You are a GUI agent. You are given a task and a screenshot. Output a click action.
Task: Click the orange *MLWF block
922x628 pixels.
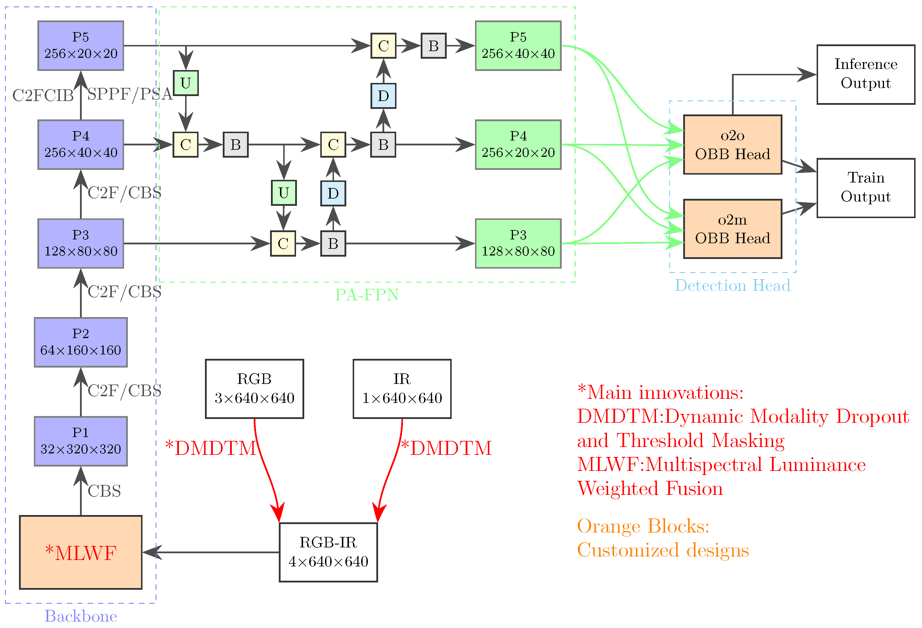(81, 552)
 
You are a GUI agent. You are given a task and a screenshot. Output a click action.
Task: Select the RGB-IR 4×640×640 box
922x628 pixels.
(328, 552)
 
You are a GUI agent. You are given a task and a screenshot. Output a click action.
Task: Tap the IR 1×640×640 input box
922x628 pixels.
(402, 389)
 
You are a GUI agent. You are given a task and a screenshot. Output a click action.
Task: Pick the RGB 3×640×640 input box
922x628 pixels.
(254, 389)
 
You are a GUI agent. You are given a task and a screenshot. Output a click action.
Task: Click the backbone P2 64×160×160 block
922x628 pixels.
(81, 342)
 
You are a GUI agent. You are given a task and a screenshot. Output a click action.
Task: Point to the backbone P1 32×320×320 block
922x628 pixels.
(81, 441)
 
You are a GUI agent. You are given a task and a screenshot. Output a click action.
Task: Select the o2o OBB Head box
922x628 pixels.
(732, 145)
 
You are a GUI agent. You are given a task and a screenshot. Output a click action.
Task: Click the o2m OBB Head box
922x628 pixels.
(732, 229)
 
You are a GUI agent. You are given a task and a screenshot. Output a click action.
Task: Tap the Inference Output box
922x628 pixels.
(866, 74)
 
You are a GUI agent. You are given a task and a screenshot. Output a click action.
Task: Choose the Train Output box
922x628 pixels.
(866, 188)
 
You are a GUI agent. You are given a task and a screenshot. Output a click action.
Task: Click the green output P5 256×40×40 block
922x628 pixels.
(518, 46)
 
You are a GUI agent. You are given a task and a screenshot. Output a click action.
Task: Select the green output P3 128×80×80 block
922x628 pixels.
(518, 243)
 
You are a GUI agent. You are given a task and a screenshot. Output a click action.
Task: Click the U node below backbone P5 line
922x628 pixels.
(186, 83)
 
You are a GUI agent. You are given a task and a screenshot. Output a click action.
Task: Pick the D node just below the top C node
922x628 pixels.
(383, 95)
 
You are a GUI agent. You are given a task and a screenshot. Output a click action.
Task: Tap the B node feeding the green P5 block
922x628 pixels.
(433, 46)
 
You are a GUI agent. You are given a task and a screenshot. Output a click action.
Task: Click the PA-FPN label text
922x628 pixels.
(367, 295)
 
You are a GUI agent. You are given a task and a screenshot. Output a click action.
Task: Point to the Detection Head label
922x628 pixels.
(732, 286)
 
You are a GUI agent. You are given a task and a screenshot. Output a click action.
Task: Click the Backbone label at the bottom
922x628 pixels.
(81, 616)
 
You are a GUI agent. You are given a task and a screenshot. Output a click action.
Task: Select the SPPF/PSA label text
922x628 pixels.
(130, 94)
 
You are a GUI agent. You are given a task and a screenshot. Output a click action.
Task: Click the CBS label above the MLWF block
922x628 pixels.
(104, 491)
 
